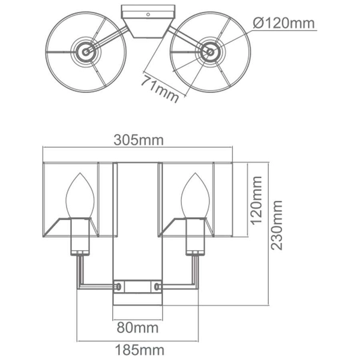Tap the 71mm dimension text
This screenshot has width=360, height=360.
tap(161, 87)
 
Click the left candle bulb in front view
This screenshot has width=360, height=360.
tap(80, 195)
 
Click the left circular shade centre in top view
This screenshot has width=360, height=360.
tap(87, 52)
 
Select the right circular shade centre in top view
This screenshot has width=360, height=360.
tap(210, 52)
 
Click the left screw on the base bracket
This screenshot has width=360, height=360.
tap(119, 286)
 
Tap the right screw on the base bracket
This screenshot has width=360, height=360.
tap(158, 286)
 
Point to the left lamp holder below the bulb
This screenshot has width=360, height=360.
tap(80, 237)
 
